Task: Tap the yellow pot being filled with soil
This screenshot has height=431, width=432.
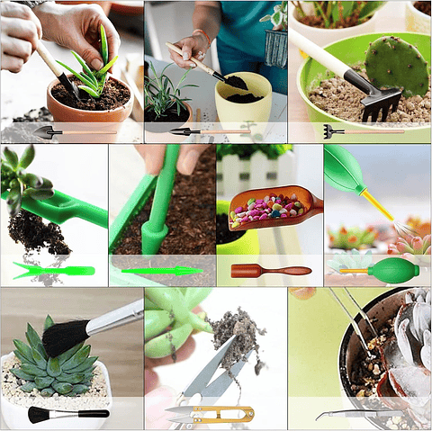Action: (x=243, y=103)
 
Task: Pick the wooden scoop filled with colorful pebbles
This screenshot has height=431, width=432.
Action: (x=269, y=208)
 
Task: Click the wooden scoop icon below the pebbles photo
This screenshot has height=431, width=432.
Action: (x=270, y=270)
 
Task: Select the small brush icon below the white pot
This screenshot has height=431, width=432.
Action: (x=67, y=414)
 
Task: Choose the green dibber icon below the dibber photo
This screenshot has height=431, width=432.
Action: (x=161, y=270)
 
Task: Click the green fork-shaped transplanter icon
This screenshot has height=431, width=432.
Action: (x=54, y=270)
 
